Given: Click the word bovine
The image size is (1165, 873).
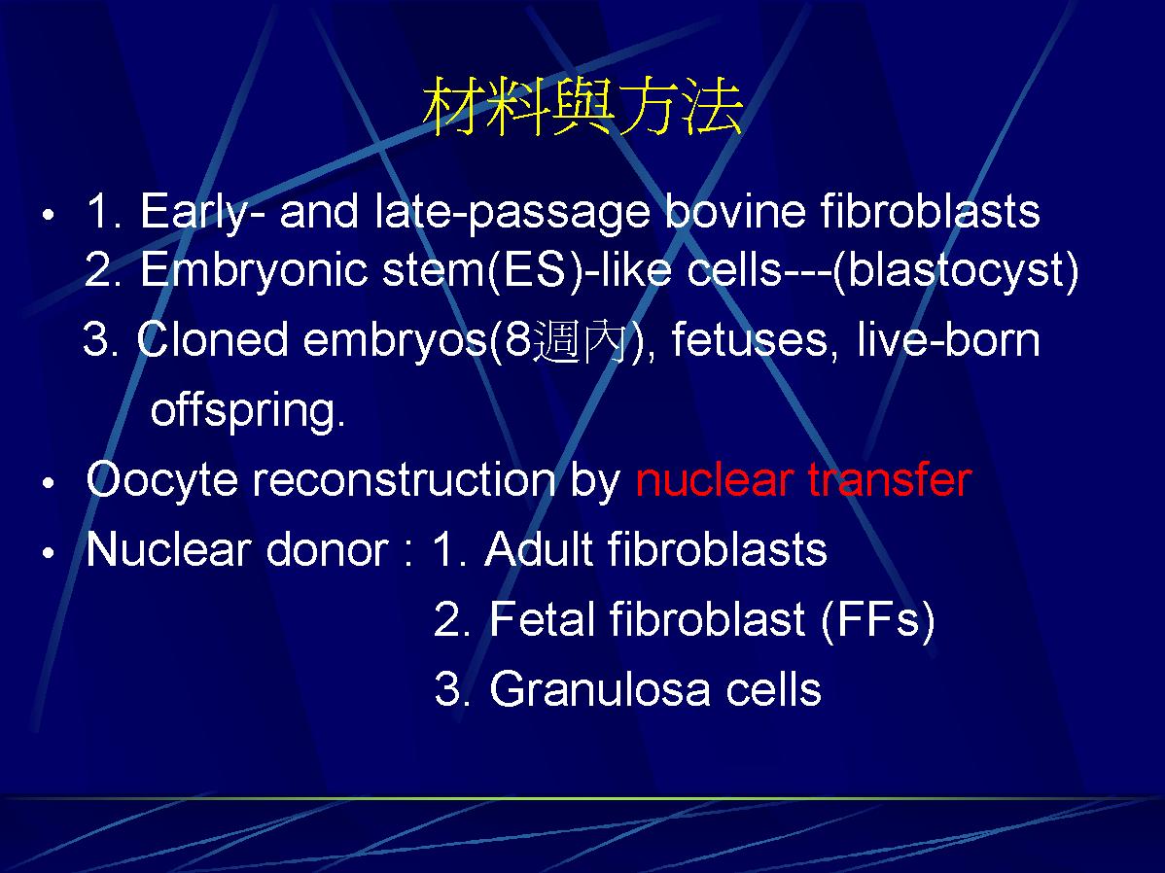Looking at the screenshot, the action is (734, 211).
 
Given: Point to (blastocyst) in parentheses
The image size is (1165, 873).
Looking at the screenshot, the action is (956, 270).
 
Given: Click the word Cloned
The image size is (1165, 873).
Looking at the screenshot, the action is (212, 339).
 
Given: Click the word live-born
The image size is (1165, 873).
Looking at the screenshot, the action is (948, 339).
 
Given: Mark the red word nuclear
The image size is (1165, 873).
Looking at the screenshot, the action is (713, 480).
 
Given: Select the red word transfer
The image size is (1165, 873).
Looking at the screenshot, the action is (890, 479).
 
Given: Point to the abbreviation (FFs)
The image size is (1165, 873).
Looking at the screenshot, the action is (877, 619).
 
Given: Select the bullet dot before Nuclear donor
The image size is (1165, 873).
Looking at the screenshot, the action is (49, 553).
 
